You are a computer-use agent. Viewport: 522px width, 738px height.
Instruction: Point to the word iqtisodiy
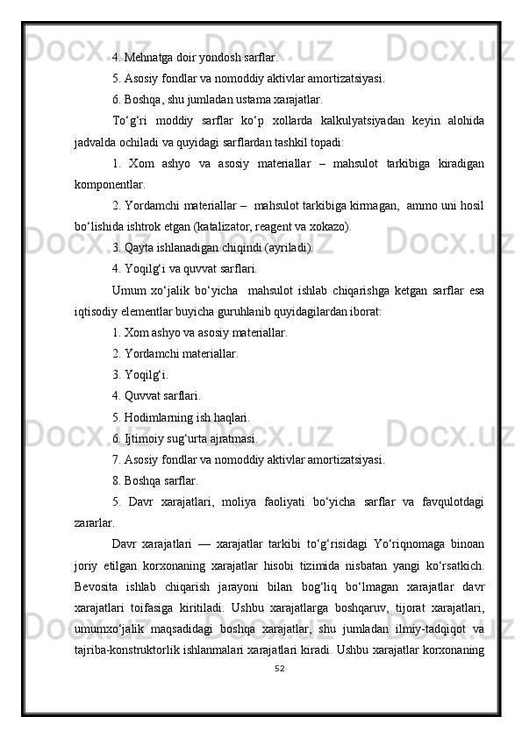97,311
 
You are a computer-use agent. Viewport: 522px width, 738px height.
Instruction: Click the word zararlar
96,523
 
